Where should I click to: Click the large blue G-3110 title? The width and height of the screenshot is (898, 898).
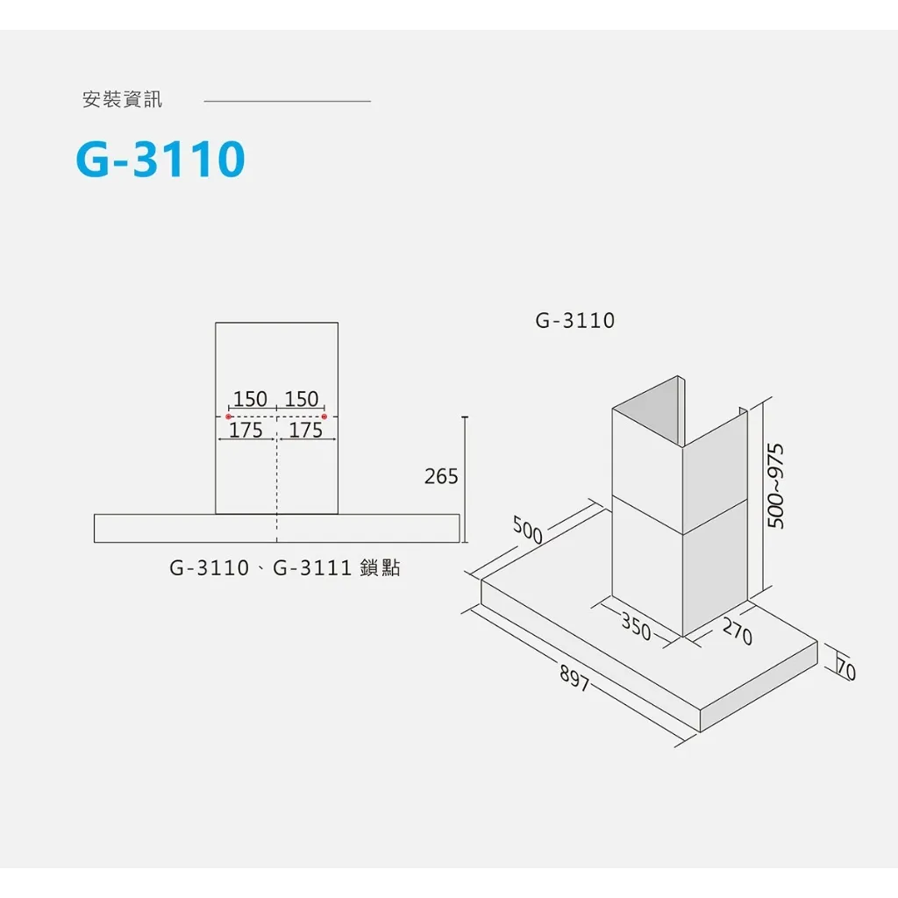[160, 159]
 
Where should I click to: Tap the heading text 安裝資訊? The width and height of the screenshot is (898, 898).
[123, 100]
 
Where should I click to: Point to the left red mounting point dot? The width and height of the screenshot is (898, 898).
[229, 417]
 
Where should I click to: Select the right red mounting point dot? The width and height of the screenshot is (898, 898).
[324, 417]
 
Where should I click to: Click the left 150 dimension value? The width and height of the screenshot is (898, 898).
[250, 399]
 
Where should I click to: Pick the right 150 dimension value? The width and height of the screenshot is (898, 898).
[302, 399]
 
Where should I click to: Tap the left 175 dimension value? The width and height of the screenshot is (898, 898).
[246, 430]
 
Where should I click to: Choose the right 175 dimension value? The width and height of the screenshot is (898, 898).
[306, 430]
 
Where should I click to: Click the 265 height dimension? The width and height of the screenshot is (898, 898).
[441, 476]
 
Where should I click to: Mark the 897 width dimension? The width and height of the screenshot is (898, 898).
[574, 680]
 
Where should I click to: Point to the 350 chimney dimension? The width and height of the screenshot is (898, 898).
[637, 626]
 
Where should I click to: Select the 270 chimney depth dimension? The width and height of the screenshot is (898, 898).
[738, 631]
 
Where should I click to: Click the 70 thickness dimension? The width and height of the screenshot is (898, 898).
[846, 669]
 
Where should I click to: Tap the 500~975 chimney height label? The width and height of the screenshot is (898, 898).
[775, 486]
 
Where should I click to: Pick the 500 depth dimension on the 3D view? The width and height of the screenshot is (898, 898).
[527, 530]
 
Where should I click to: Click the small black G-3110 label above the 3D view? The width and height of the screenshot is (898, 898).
[575, 320]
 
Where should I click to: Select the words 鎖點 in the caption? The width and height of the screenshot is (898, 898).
[381, 567]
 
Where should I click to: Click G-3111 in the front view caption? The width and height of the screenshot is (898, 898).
[312, 567]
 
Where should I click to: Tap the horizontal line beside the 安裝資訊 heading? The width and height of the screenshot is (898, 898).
[288, 102]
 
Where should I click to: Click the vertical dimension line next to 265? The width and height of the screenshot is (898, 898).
[465, 480]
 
